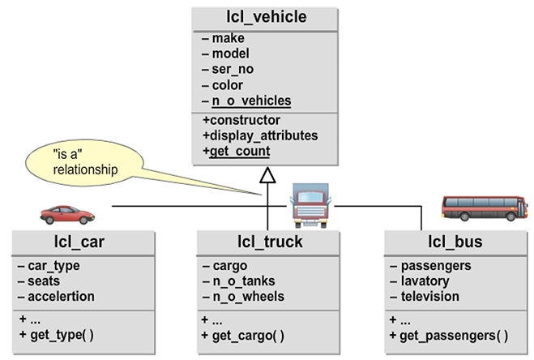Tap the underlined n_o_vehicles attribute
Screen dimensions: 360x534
[x=251, y=101]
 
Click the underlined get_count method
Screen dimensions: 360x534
[x=240, y=151]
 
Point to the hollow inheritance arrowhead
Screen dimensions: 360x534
[x=267, y=174]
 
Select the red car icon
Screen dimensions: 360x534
[x=68, y=214]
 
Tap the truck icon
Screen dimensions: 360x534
[x=310, y=205]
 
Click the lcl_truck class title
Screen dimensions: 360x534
[x=264, y=242]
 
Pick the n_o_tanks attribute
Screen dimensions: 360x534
[x=243, y=281]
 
